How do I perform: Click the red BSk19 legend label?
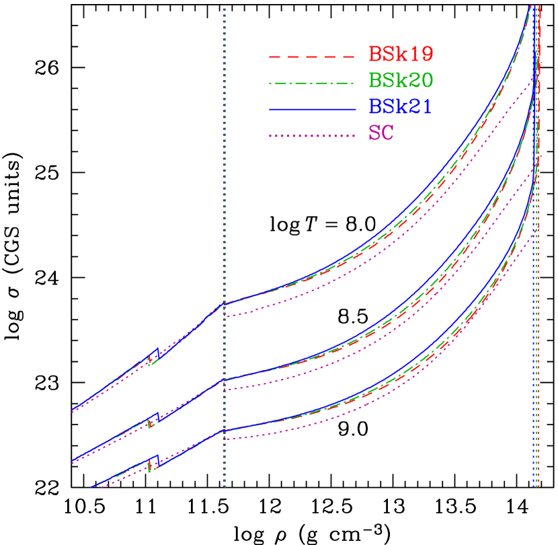pyautogui.click(x=401, y=54)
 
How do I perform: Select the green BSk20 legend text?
pyautogui.click(x=401, y=80)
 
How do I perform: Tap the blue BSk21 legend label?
pyautogui.click(x=401, y=106)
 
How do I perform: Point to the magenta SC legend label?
pyautogui.click(x=381, y=133)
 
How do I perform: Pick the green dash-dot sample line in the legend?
pyautogui.click(x=311, y=83)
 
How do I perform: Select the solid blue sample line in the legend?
pyautogui.click(x=311, y=109)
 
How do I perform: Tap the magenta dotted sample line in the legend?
pyautogui.click(x=311, y=135)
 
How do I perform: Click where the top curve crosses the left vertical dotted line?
pyautogui.click(x=225, y=303)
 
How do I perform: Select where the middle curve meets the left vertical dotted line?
pyautogui.click(x=225, y=379)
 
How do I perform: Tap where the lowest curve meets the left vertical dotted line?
pyautogui.click(x=225, y=430)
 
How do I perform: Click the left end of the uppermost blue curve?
pyautogui.click(x=72, y=409)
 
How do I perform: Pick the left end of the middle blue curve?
pyautogui.click(x=72, y=462)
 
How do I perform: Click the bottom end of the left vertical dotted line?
pyautogui.click(x=225, y=486)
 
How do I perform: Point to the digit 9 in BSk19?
pyautogui.click(x=426, y=54)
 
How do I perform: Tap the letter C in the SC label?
pyautogui.click(x=388, y=133)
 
